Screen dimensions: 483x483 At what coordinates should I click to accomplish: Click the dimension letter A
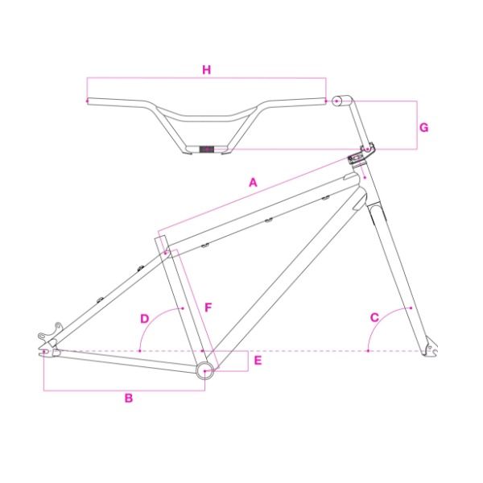(x=253, y=183)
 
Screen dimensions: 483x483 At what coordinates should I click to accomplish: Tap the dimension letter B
(x=128, y=398)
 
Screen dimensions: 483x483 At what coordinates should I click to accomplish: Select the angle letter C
(x=374, y=317)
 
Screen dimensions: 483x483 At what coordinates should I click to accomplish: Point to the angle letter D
(x=145, y=318)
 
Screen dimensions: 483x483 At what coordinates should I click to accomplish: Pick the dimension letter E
(x=258, y=361)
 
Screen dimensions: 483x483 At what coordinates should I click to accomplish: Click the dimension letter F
(x=208, y=308)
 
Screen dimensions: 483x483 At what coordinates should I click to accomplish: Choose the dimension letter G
(x=424, y=127)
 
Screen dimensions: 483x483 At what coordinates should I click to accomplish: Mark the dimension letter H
(x=207, y=70)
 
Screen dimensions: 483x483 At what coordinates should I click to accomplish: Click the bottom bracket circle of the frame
(x=205, y=370)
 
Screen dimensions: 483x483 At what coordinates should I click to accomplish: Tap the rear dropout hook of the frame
(x=53, y=330)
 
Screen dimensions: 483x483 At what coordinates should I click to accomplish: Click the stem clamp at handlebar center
(x=207, y=149)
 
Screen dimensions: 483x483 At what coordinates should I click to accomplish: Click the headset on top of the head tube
(x=356, y=158)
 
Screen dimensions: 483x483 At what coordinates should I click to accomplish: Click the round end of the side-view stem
(x=337, y=101)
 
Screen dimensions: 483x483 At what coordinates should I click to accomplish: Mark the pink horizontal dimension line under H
(x=206, y=78)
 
